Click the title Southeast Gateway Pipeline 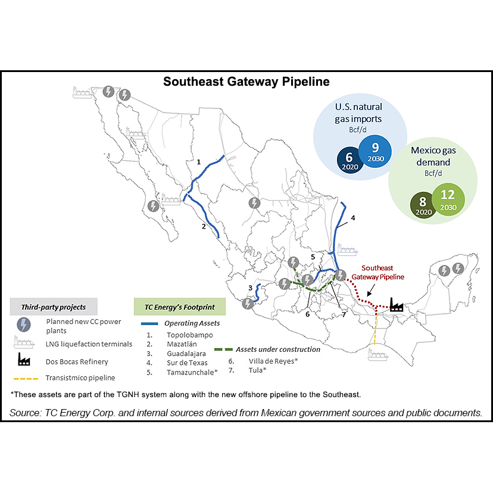point(246,81)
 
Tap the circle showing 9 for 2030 point(375,151)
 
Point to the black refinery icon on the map point(395,305)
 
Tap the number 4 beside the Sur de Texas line point(353,218)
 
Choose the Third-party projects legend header point(54,307)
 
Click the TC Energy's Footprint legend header point(179,307)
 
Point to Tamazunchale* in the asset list point(192,373)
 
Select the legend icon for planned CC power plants point(24,324)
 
